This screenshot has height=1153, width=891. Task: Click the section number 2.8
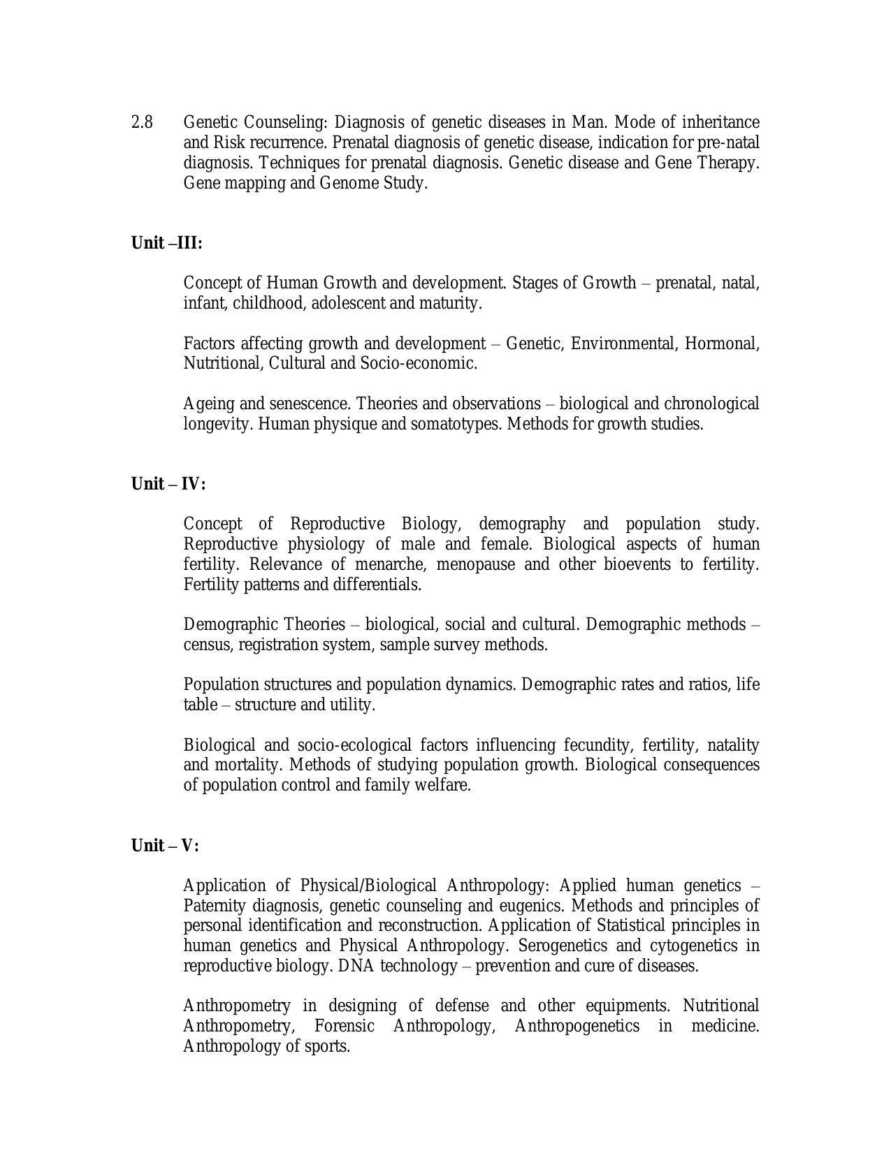tap(142, 122)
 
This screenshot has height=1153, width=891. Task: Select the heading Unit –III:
tap(166, 243)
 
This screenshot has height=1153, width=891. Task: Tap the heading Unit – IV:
tap(168, 484)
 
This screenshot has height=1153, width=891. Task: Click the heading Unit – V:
tap(165, 846)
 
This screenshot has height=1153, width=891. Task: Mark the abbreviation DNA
tap(356, 966)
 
